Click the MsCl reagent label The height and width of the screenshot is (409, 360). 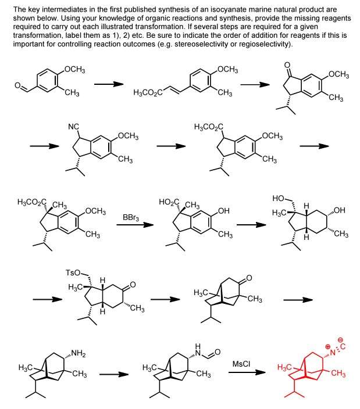click(243, 363)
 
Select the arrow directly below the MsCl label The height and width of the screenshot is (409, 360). click(243, 374)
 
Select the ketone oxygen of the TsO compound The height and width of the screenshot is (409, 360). click(133, 285)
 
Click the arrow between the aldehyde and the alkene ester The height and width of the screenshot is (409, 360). click(109, 85)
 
